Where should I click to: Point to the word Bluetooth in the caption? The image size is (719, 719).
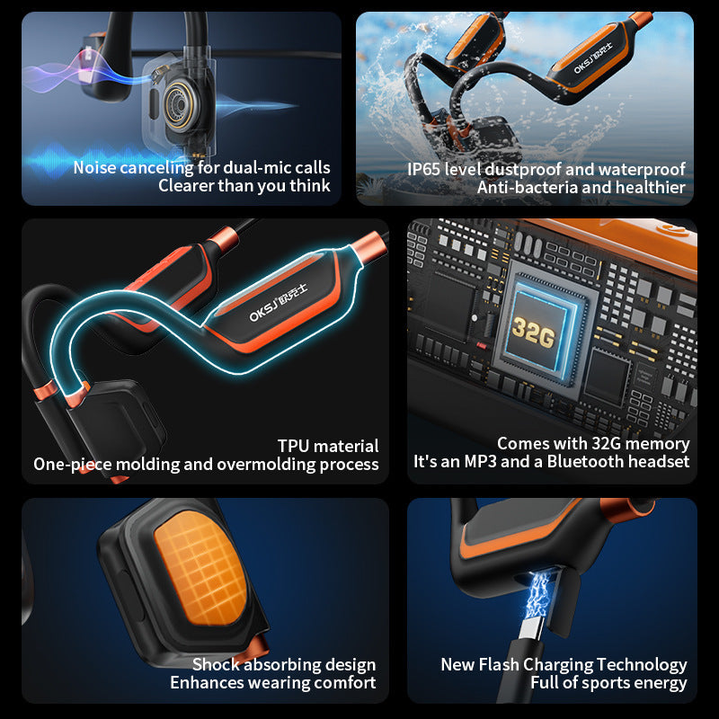(x=593, y=462)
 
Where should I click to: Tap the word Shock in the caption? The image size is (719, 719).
(x=217, y=665)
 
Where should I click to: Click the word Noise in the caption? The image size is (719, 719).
(x=95, y=168)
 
